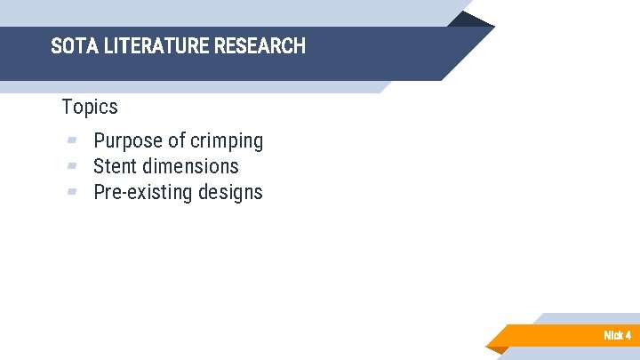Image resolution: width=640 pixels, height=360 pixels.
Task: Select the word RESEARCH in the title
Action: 260,46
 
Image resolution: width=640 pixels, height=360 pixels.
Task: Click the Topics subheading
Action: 90,107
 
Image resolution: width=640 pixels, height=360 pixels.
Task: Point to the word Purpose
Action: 129,140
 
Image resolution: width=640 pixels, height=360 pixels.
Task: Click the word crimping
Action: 227,140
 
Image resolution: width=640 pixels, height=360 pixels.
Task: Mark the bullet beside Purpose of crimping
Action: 72,140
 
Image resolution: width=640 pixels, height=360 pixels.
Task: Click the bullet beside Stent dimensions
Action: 72,165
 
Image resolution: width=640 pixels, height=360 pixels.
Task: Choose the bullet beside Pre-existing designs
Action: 72,191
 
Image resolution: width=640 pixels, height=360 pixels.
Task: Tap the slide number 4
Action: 628,335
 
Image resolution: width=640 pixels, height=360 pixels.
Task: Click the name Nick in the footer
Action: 612,335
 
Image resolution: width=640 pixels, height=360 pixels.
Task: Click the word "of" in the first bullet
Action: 177,140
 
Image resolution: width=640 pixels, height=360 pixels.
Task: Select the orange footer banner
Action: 551,335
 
